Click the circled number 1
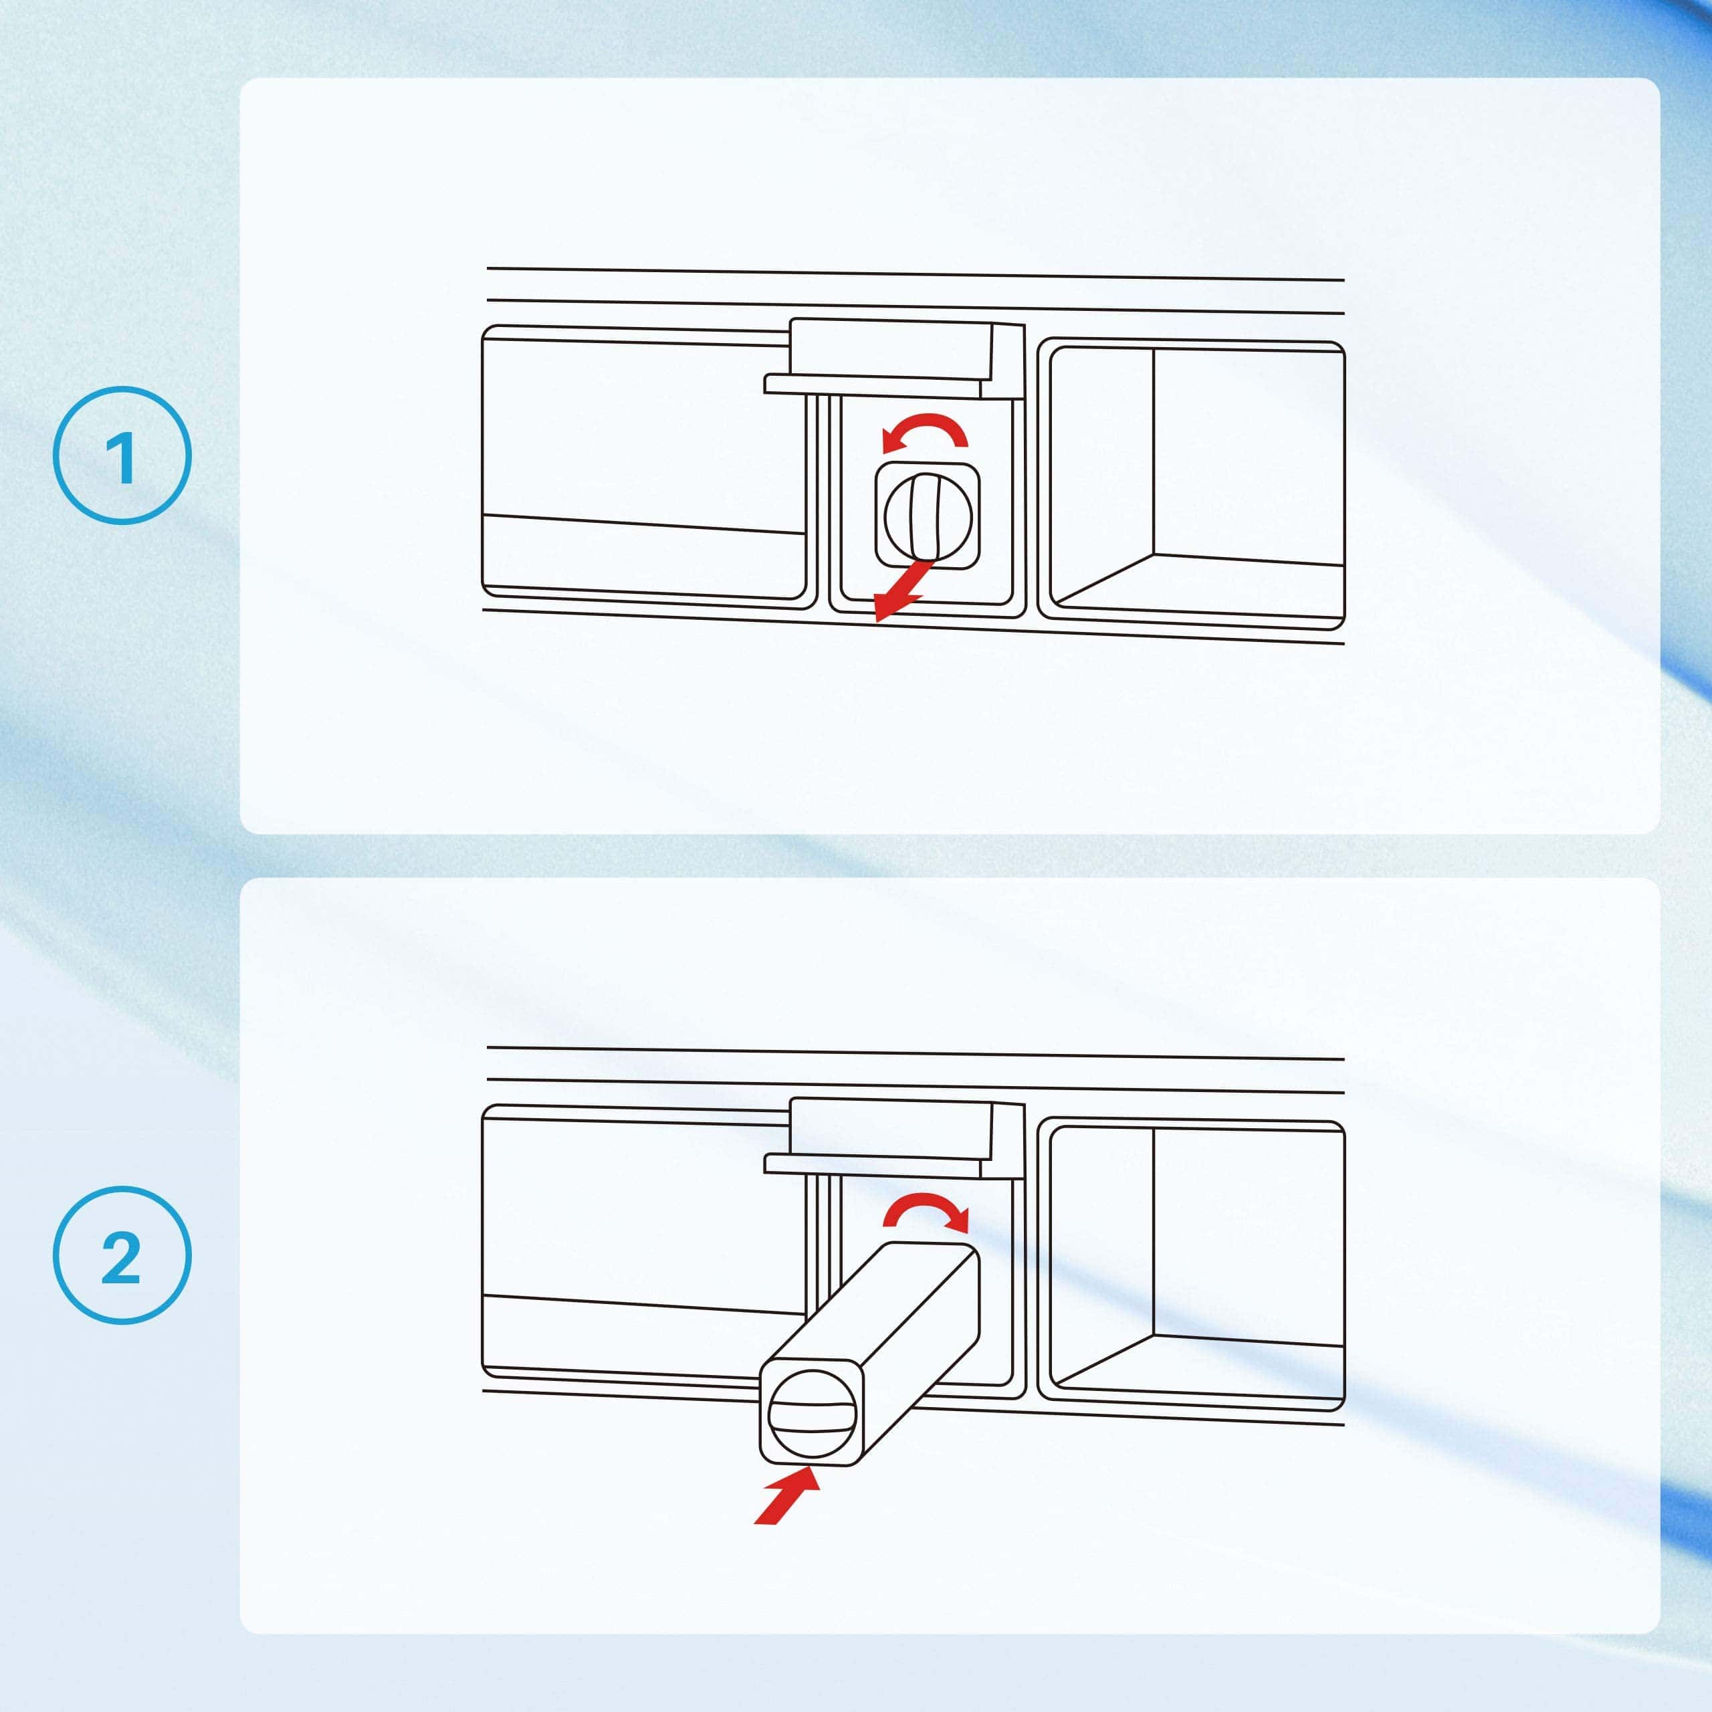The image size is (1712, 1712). pyautogui.click(x=122, y=455)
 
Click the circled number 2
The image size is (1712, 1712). pyautogui.click(x=122, y=1255)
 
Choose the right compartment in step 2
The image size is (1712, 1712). pyautogui.click(x=1191, y=1265)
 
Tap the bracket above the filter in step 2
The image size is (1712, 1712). pyautogui.click(x=894, y=1139)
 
